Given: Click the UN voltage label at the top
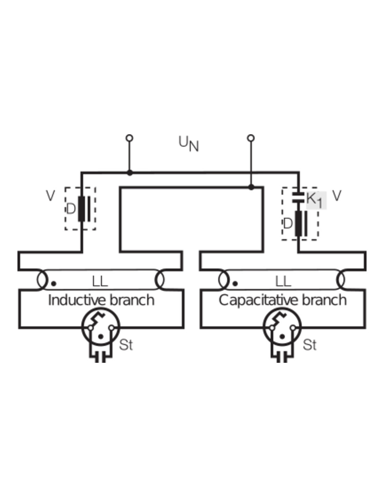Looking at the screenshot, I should point(189,144).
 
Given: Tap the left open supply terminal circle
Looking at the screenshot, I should point(130,138).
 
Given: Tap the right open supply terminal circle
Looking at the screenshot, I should point(251,138).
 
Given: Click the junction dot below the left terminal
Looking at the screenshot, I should point(130,173).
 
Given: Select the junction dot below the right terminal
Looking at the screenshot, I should point(251,187).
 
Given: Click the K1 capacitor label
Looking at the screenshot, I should point(316,200).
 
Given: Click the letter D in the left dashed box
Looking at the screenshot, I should point(71,209).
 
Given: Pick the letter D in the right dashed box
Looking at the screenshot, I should point(287,223).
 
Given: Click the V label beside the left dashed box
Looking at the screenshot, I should point(51,196).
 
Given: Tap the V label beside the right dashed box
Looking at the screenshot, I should point(337,196).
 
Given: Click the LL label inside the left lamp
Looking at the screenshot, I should point(100,281).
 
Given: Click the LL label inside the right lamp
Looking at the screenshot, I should point(283,281).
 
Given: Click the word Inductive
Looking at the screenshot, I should point(76,300).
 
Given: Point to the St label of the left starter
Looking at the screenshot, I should point(126,345).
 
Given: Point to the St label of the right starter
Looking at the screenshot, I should point(310,345).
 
